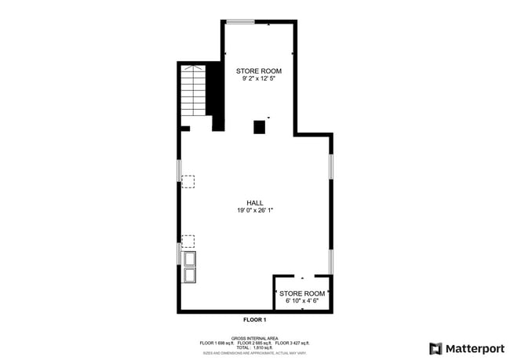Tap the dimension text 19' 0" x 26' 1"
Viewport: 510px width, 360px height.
(254, 210)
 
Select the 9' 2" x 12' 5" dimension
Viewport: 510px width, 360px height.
(259, 78)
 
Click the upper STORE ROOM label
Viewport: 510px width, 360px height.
(259, 71)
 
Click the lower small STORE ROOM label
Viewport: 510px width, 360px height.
(302, 293)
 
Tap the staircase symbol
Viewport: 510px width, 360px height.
(194, 92)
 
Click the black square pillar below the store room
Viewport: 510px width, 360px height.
(259, 127)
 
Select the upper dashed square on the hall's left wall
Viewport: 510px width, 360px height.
(188, 181)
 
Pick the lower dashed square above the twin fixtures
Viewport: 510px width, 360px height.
(188, 240)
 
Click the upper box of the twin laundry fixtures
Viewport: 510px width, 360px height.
(189, 259)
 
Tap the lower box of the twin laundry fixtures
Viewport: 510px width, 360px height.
(189, 275)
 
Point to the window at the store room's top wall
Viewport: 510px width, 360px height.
(240, 22)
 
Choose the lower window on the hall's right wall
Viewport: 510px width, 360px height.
(331, 262)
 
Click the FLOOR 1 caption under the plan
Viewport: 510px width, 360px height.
(254, 320)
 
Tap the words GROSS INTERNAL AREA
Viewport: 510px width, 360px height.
(254, 338)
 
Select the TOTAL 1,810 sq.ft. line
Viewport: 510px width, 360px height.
(254, 347)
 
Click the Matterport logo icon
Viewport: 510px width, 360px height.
(435, 348)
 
